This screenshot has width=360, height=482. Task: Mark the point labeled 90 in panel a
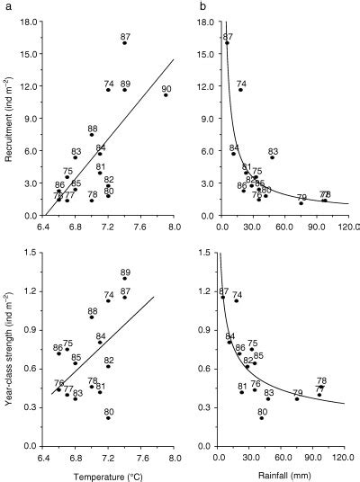pyautogui.click(x=166, y=94)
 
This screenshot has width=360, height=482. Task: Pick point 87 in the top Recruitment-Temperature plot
pyautogui.click(x=124, y=43)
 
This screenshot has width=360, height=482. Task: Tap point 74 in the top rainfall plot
pyautogui.click(x=240, y=90)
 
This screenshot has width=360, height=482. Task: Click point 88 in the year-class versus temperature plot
pyautogui.click(x=92, y=317)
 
